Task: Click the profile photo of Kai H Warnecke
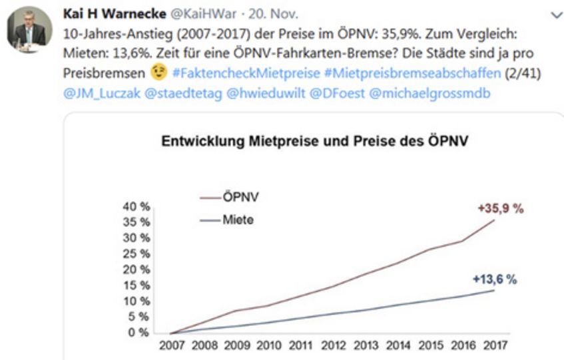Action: tap(30, 31)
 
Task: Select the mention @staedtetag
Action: tap(169, 92)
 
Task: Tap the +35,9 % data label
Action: tap(501, 208)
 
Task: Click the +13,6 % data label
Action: tap(494, 279)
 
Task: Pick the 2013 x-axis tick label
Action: tap(365, 346)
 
